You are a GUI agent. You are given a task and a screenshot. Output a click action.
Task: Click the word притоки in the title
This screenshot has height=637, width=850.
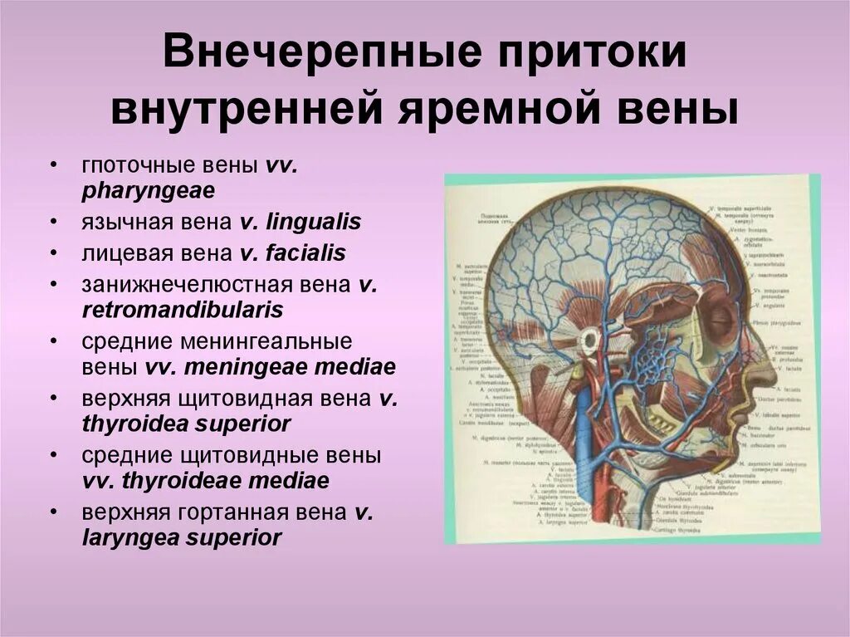[x=582, y=57]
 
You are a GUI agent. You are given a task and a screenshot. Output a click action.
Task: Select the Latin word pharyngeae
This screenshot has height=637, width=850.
[x=149, y=190]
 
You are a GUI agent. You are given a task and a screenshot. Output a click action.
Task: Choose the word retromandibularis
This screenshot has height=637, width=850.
[x=183, y=310]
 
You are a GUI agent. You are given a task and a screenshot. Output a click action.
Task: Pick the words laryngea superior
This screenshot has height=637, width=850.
[x=182, y=537]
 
